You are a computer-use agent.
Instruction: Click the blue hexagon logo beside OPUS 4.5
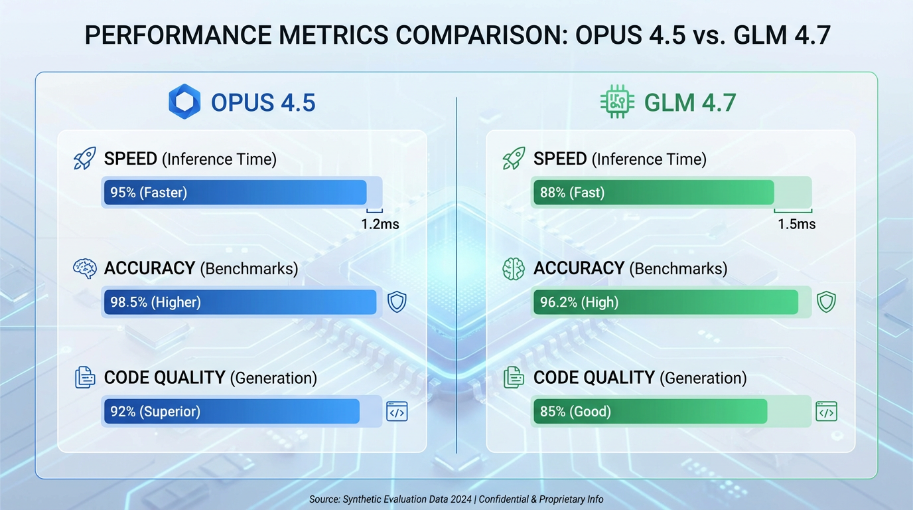184,102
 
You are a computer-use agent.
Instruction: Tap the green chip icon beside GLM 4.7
617,102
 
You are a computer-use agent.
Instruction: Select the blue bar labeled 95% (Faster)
236,193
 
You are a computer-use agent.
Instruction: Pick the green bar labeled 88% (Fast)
654,193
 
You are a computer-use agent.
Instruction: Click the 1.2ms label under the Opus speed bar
380,224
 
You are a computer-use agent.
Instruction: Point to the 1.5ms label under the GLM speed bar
796,224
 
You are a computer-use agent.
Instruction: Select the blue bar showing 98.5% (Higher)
240,302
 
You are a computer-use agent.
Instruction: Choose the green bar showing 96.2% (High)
666,302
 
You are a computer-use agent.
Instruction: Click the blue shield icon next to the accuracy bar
397,302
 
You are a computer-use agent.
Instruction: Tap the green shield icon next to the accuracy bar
826,302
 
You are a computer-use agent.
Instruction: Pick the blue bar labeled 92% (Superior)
232,412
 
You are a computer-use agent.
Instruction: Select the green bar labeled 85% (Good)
650,412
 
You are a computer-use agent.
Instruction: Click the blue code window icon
397,412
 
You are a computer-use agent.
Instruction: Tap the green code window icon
826,412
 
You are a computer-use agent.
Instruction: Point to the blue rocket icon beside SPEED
84,159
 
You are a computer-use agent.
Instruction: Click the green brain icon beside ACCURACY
514,268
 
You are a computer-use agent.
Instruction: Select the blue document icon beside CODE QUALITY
84,377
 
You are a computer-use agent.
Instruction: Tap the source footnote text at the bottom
456,499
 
